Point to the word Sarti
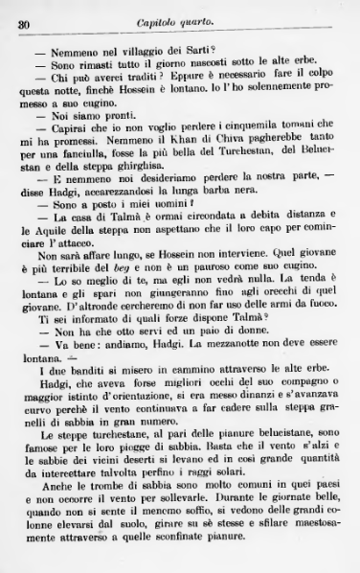(x=217, y=49)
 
